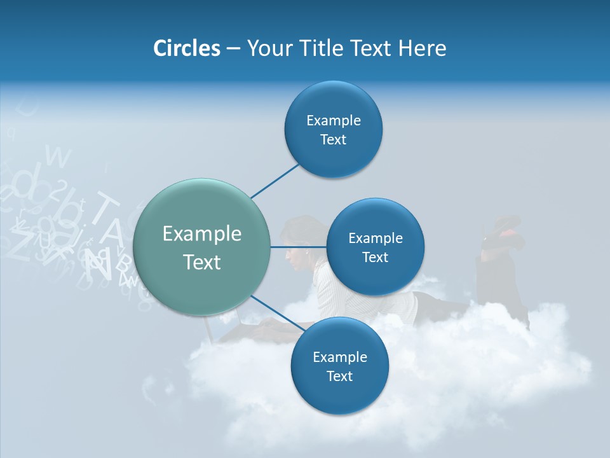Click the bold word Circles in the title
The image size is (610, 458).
coord(186,48)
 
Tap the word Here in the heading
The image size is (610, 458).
coord(422,48)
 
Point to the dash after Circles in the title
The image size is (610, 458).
coord(233,49)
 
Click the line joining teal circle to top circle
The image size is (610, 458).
coord(274,181)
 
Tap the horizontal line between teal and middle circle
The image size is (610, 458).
coord(299,247)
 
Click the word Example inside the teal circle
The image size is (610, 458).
coord(202,234)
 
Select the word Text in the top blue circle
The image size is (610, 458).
coord(333,140)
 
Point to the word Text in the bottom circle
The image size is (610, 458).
coord(339,377)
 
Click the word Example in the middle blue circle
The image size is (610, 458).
coord(375,239)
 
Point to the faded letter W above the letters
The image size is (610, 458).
coord(58,156)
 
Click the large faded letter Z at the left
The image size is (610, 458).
coord(19,245)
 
